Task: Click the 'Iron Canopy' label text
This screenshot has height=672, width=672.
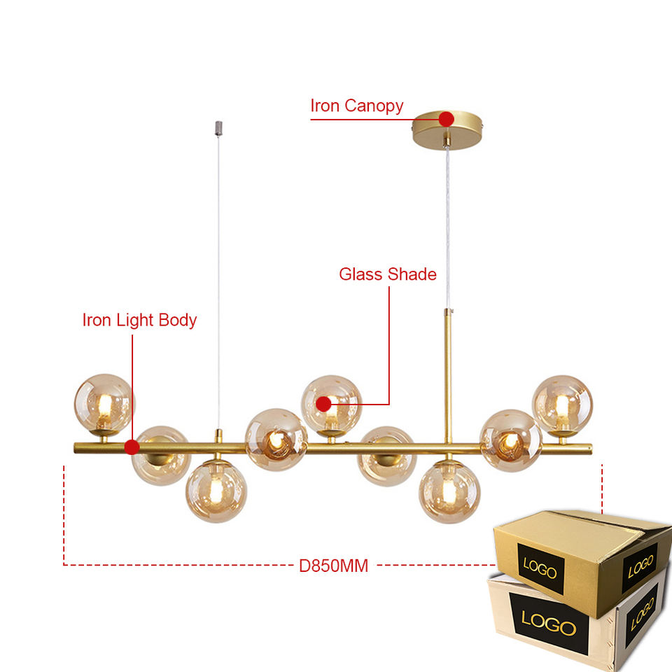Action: (356, 106)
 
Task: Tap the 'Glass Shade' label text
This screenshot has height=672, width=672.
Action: (387, 274)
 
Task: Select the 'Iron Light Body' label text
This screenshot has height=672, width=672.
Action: (139, 321)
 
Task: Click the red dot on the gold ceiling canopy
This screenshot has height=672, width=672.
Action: (446, 119)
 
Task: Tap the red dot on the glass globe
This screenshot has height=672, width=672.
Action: (323, 404)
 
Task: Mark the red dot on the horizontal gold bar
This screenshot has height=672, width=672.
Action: (131, 447)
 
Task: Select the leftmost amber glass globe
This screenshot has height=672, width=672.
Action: (104, 402)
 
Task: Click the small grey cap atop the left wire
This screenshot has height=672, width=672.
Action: (217, 128)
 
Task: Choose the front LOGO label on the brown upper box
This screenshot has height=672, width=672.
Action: (540, 565)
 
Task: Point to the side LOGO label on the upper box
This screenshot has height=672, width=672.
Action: (640, 562)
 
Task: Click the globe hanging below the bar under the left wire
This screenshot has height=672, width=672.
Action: (216, 491)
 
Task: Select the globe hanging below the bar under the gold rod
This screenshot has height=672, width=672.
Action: (449, 491)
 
